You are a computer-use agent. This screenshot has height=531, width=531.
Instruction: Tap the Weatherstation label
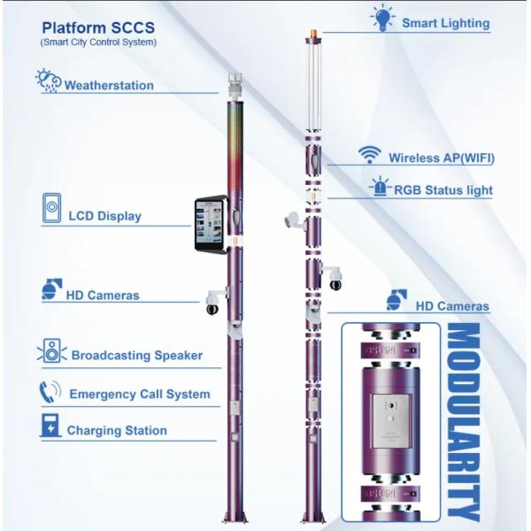click(x=109, y=86)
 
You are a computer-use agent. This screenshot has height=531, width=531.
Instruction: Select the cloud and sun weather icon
click(x=48, y=81)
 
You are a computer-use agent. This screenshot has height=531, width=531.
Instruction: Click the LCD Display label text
click(x=104, y=215)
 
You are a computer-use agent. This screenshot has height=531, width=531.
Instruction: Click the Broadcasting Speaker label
click(x=136, y=355)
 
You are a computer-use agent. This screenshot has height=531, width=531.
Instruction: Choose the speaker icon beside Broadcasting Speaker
click(x=51, y=351)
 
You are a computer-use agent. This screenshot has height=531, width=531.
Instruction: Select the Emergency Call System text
click(x=140, y=394)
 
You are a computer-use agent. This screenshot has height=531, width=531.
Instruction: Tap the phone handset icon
click(x=49, y=390)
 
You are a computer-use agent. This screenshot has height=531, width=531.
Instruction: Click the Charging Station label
click(x=117, y=430)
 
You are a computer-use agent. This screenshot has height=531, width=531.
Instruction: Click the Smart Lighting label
click(x=445, y=23)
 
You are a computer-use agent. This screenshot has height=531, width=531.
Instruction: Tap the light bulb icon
click(x=381, y=17)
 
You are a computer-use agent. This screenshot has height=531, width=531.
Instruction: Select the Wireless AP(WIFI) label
click(x=441, y=158)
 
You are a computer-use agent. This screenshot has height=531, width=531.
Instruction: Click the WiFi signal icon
click(x=369, y=155)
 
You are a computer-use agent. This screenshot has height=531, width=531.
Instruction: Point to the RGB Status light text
click(x=443, y=189)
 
